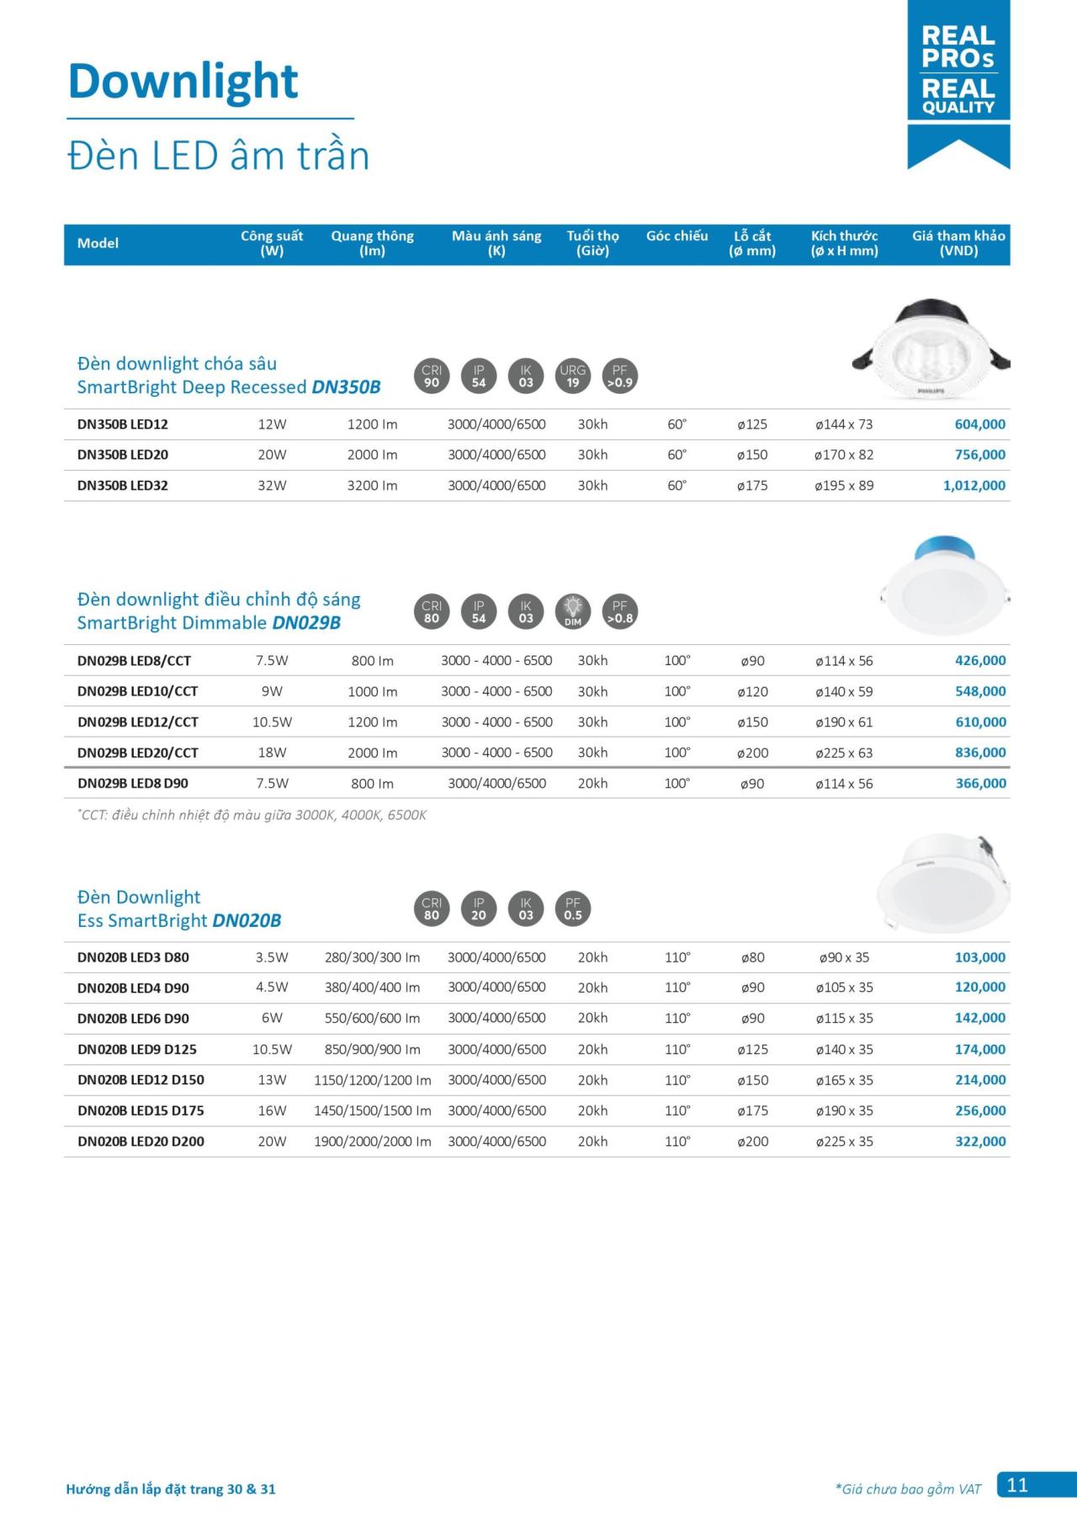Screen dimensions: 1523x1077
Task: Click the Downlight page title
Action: (183, 82)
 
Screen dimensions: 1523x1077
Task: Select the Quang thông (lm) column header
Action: (372, 243)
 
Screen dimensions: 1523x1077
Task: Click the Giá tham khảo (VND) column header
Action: (958, 243)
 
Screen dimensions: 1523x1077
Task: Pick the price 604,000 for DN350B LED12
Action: (979, 424)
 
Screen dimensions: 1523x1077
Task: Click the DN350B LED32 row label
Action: (123, 486)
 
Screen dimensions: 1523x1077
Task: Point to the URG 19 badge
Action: (573, 376)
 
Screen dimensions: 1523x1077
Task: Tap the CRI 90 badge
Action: (432, 376)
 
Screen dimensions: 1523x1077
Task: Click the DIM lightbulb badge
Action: (573, 612)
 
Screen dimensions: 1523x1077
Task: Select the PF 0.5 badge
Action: (573, 909)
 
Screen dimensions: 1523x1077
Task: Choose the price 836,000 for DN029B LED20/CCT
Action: (980, 753)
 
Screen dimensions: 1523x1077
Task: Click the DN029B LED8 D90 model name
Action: (133, 784)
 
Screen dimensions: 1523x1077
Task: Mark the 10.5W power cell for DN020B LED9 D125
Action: (272, 1050)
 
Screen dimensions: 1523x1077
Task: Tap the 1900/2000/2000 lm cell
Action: (372, 1142)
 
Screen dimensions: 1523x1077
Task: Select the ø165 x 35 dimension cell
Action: (844, 1080)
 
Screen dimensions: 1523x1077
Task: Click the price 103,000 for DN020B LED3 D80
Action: (980, 957)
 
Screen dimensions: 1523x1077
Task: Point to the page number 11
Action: (1017, 1485)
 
